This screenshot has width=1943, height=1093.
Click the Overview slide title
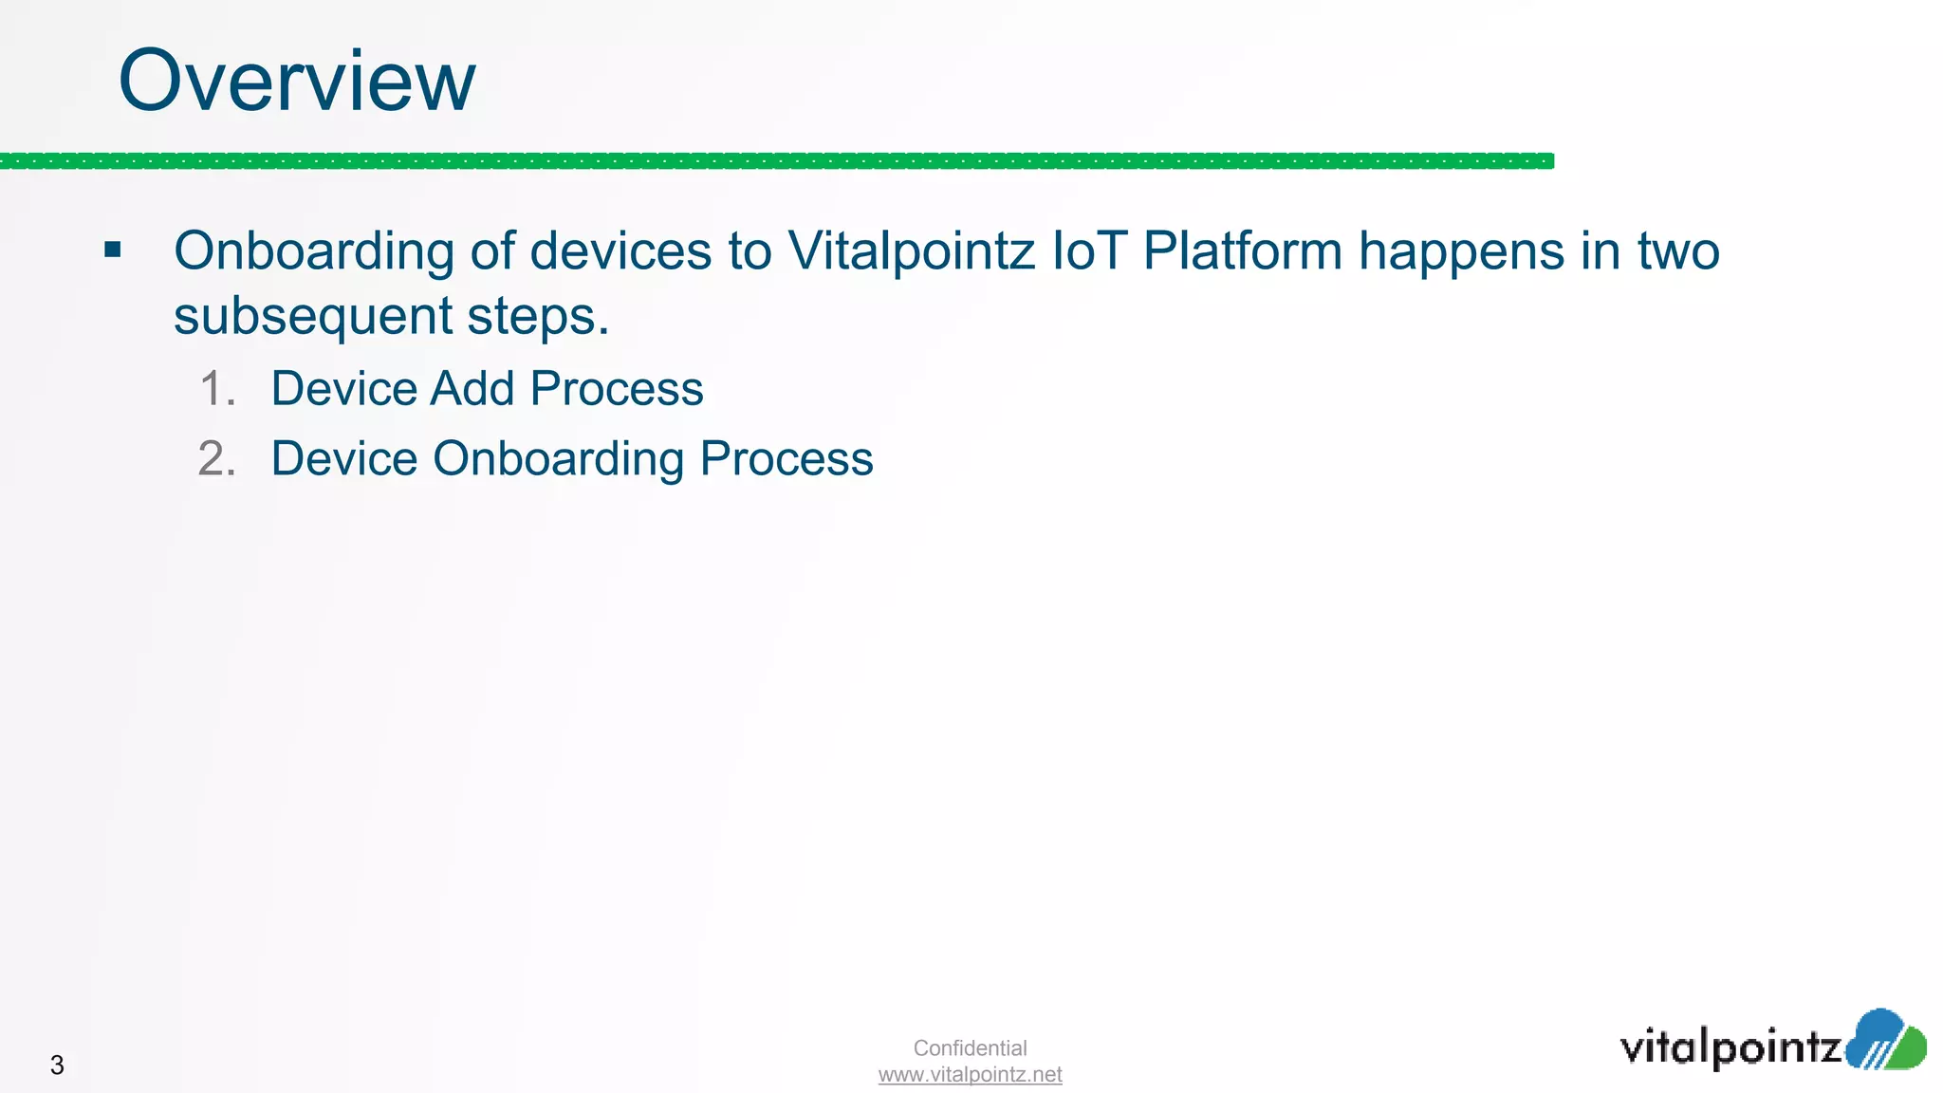[x=296, y=82]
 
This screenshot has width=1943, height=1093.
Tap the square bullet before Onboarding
[x=113, y=250]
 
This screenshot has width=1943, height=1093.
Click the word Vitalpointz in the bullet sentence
[x=911, y=251]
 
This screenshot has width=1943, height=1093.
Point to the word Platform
[x=1243, y=251]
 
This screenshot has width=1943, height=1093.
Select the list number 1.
[x=217, y=389]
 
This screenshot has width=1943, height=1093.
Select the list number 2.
[x=217, y=459]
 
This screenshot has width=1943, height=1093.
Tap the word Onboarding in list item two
[x=558, y=460]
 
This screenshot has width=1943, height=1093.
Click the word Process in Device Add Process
[x=617, y=389]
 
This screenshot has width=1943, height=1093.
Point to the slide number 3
[x=57, y=1065]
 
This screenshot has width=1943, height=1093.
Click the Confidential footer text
[x=970, y=1048]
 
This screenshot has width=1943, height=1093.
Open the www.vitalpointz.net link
[x=970, y=1075]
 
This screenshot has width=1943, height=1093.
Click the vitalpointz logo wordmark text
[x=1730, y=1047]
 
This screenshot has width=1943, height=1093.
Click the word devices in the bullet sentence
[x=620, y=251]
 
